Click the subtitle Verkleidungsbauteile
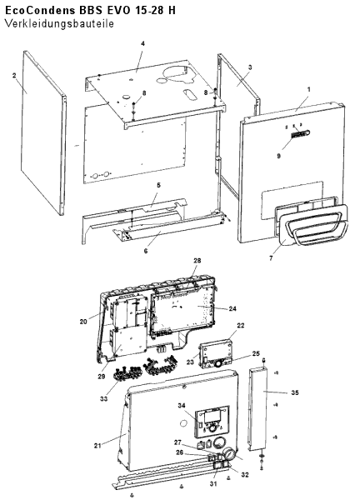[x=59, y=24]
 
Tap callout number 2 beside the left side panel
[x=14, y=76]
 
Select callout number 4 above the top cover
[x=142, y=43]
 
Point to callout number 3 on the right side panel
[x=250, y=67]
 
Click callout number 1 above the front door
[x=308, y=90]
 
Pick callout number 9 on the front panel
[x=278, y=157]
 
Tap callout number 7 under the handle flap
[x=271, y=258]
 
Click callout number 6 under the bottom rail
[x=146, y=251]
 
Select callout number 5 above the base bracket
[x=158, y=185]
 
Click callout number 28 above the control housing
[x=197, y=261]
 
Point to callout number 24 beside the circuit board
[x=232, y=308]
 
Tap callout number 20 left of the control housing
[x=83, y=322]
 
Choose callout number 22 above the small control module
[x=241, y=325]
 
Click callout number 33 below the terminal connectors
[x=103, y=398]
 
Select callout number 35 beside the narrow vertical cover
[x=295, y=392]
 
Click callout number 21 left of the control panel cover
[x=97, y=446]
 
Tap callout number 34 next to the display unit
[x=182, y=406]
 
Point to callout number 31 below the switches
[x=213, y=483]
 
